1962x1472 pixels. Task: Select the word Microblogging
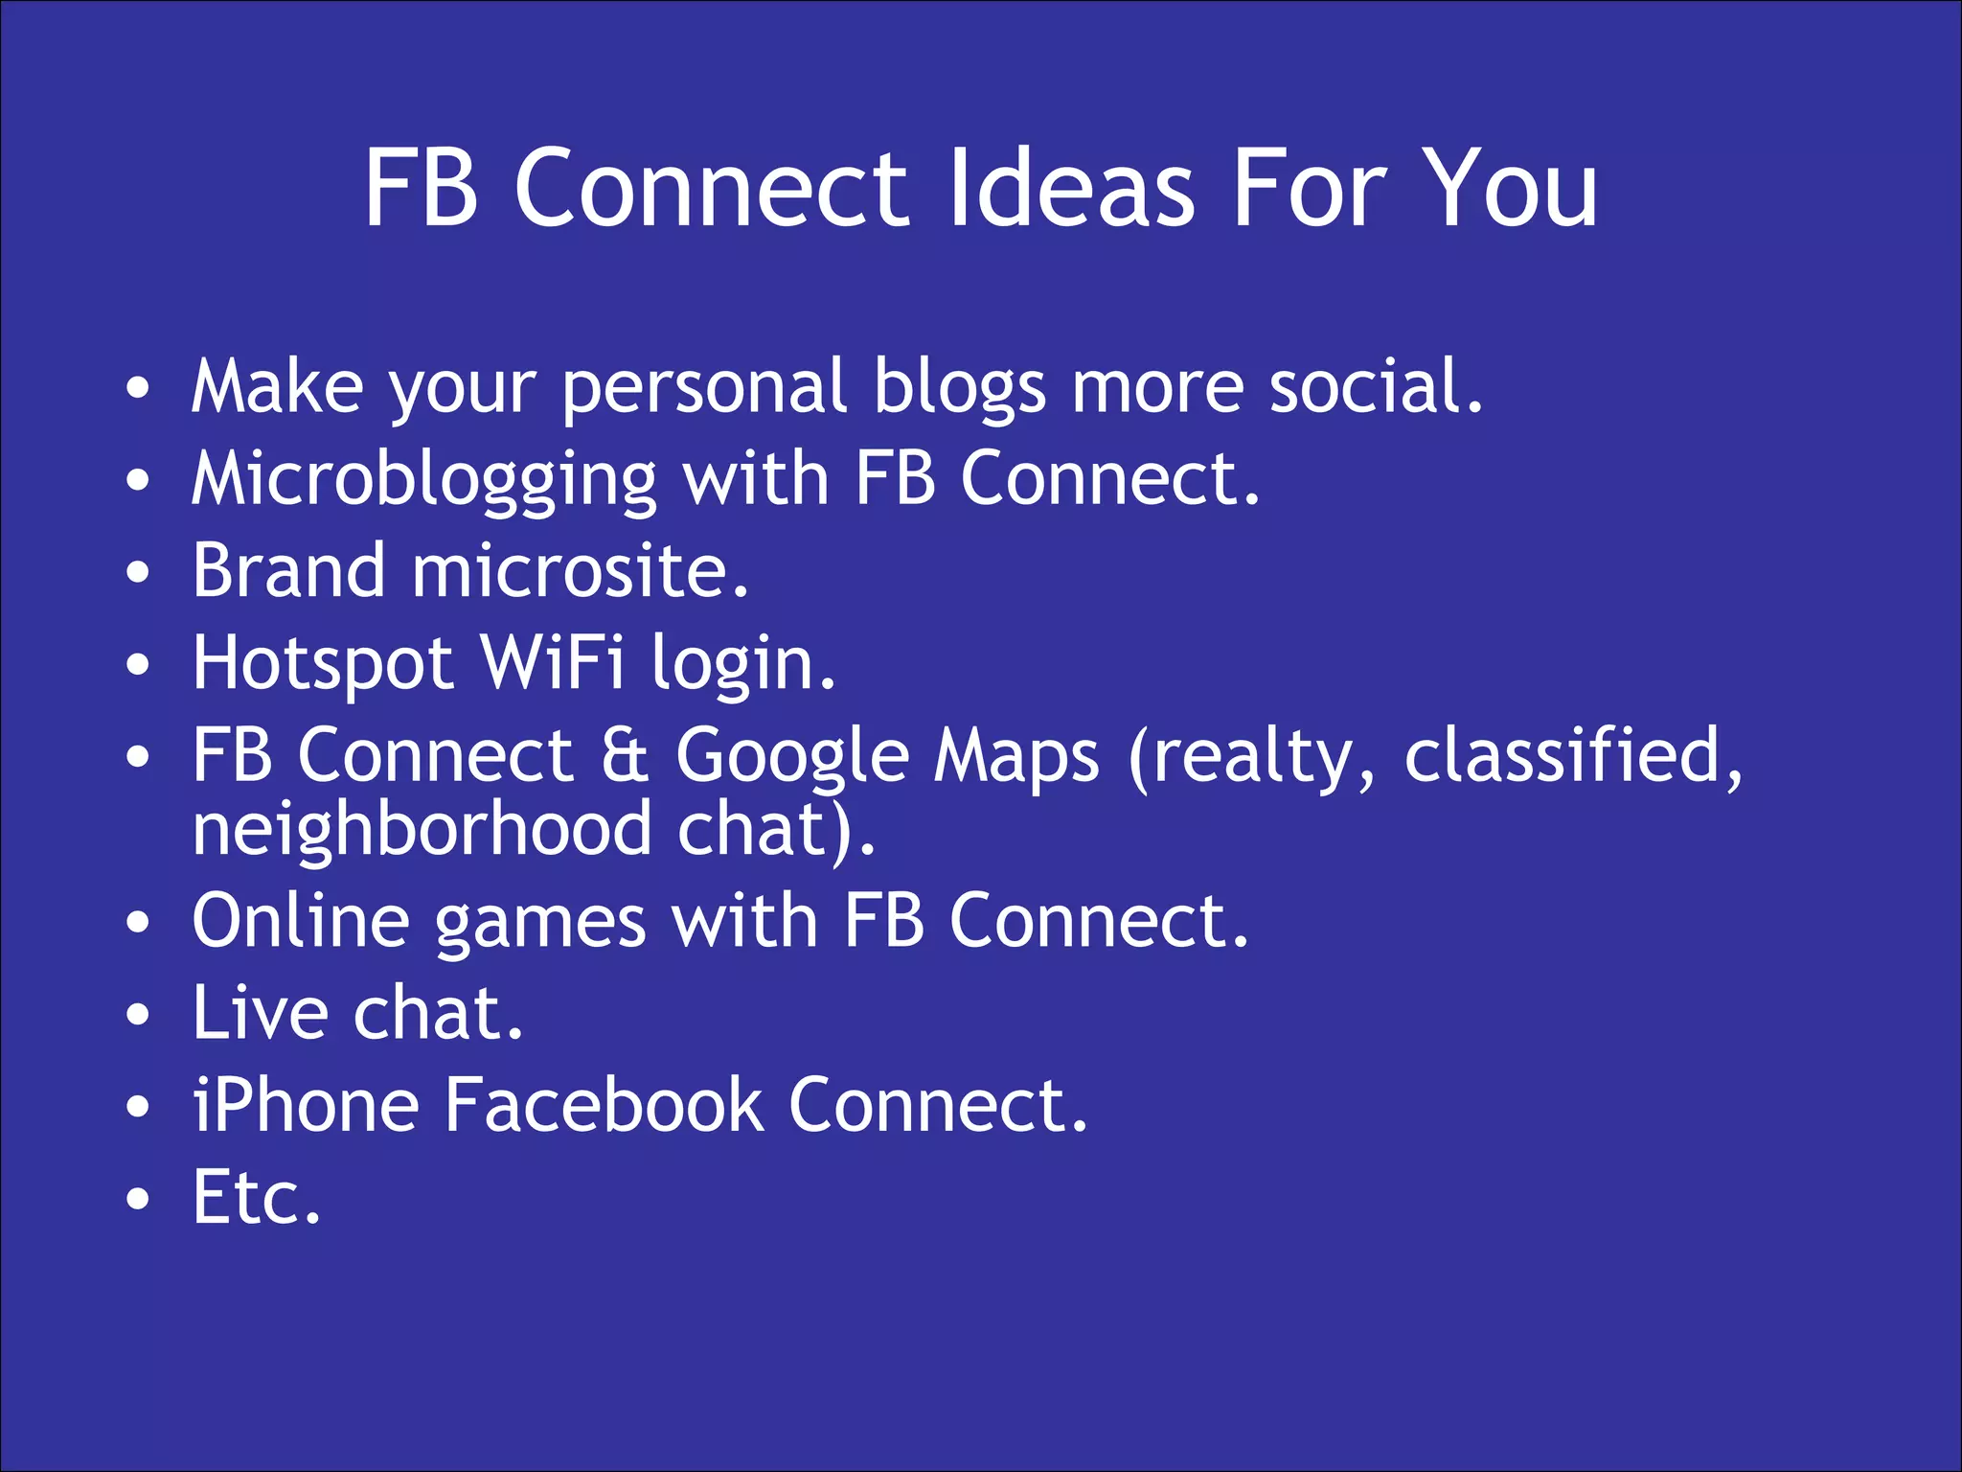tap(423, 479)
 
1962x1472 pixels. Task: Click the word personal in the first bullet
tap(704, 387)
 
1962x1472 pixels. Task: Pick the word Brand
tap(288, 571)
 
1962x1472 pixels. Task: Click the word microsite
tap(580, 571)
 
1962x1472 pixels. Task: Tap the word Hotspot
tap(323, 663)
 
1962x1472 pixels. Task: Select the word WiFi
tap(553, 663)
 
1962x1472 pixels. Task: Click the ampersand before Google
tap(626, 755)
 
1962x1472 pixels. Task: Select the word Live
tap(260, 1013)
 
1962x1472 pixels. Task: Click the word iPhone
tap(306, 1105)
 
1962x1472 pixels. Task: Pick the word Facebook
tap(604, 1105)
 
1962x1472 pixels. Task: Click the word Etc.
tap(256, 1197)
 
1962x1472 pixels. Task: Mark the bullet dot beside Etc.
tap(139, 1199)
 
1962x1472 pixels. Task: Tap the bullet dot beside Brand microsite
tap(139, 573)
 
